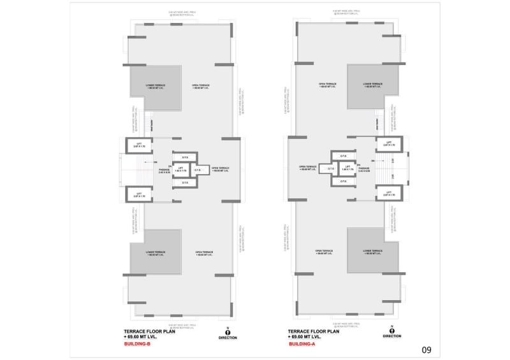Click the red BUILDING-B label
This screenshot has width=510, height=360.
click(137, 344)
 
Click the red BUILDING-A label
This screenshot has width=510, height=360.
click(301, 344)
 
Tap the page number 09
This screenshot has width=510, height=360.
click(426, 349)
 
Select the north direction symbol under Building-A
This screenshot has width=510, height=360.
click(391, 333)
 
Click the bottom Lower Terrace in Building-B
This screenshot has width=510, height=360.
click(155, 253)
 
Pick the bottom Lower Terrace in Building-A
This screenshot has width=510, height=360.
click(372, 253)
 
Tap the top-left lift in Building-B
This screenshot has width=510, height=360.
click(140, 145)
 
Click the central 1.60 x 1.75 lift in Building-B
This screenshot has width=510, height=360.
click(180, 170)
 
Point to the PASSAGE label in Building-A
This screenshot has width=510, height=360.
click(365, 169)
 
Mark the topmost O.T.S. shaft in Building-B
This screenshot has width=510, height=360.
click(185, 157)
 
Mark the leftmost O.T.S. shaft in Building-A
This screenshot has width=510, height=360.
click(329, 169)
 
